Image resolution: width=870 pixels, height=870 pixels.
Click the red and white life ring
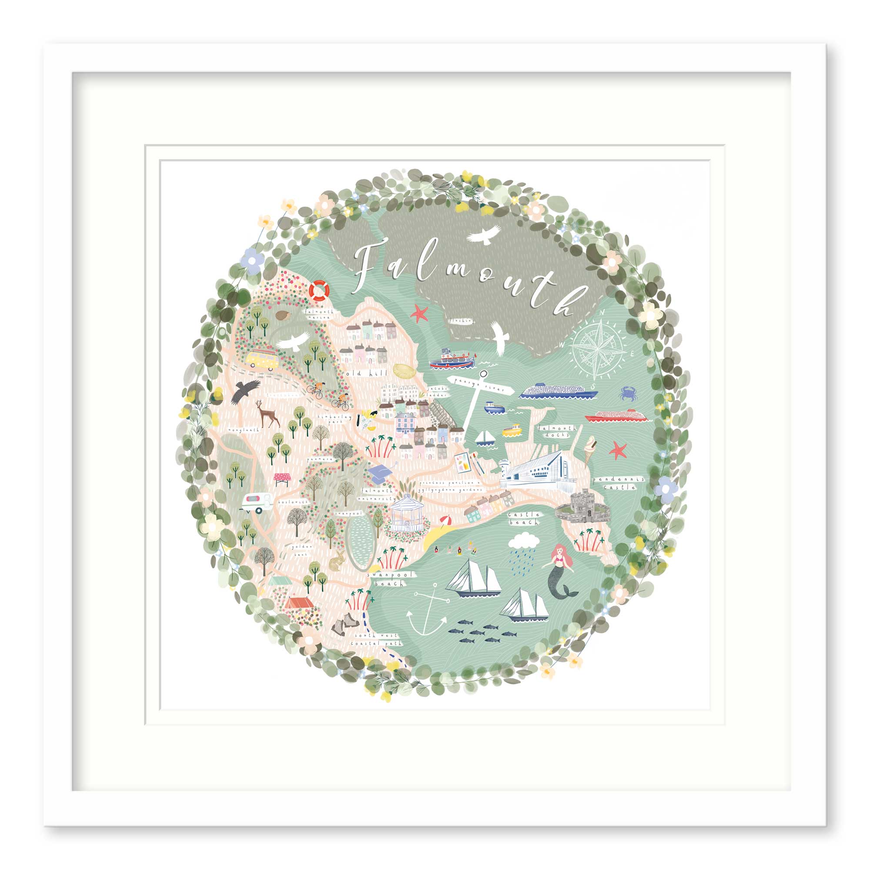(x=319, y=291)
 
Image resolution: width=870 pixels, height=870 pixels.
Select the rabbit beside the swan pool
(x=337, y=561)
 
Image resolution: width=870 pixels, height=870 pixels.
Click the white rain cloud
(x=524, y=540)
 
